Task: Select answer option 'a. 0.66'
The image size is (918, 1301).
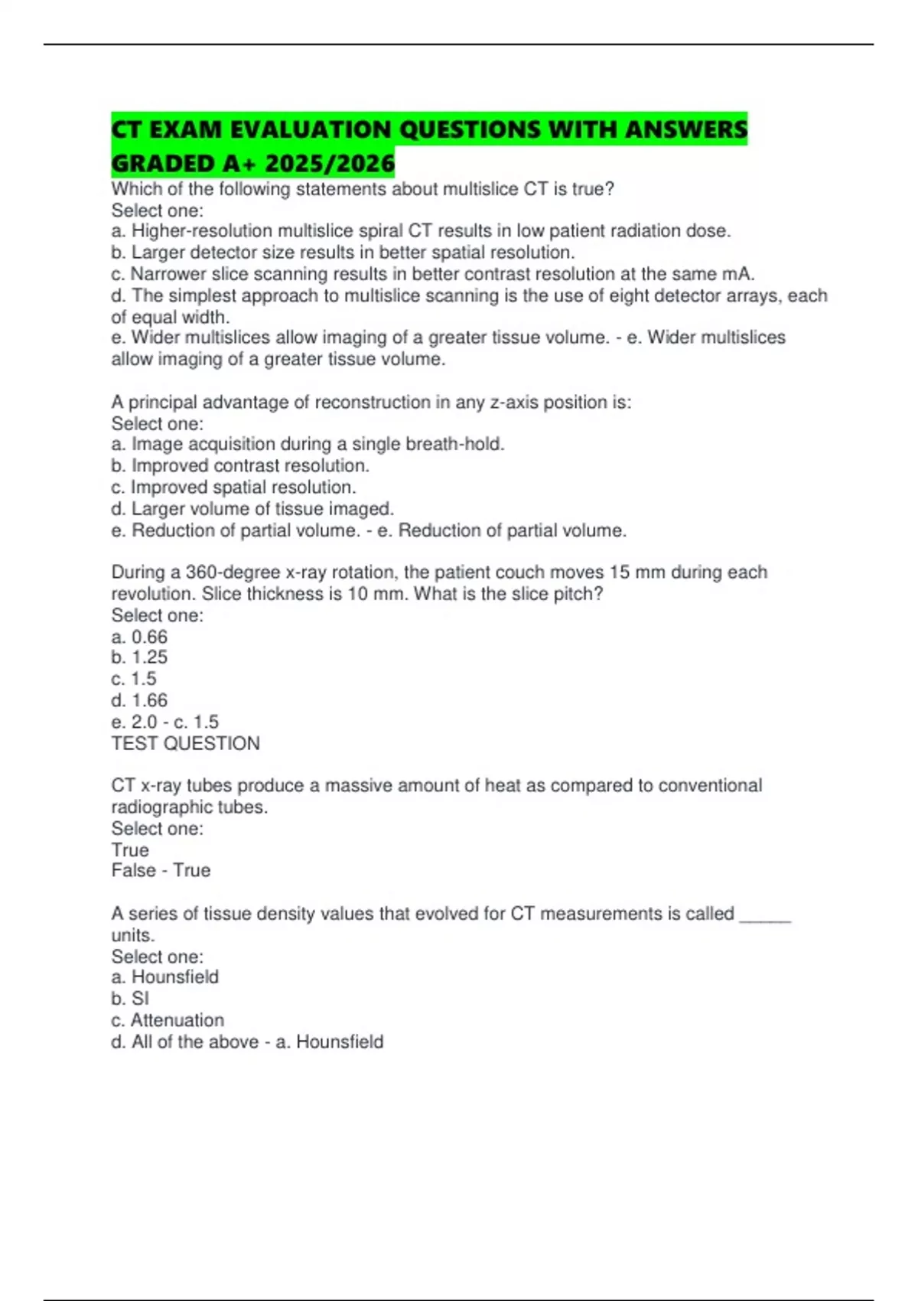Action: (139, 637)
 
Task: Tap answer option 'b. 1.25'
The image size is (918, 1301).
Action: (139, 657)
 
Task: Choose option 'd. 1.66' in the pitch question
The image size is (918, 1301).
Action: (139, 700)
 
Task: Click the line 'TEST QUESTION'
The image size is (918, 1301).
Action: (186, 743)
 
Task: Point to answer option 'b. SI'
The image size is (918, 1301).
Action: (130, 999)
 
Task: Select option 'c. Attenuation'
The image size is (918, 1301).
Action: (168, 1020)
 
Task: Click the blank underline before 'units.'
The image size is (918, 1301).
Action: (765, 915)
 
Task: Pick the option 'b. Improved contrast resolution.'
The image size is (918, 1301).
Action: (240, 465)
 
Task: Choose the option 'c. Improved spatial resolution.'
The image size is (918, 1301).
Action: (233, 487)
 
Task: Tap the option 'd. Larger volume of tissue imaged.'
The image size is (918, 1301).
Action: (252, 509)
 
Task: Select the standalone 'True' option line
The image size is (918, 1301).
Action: (130, 850)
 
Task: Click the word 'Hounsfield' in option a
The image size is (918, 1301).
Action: (175, 977)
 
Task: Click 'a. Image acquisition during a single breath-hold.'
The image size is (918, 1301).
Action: (308, 444)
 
